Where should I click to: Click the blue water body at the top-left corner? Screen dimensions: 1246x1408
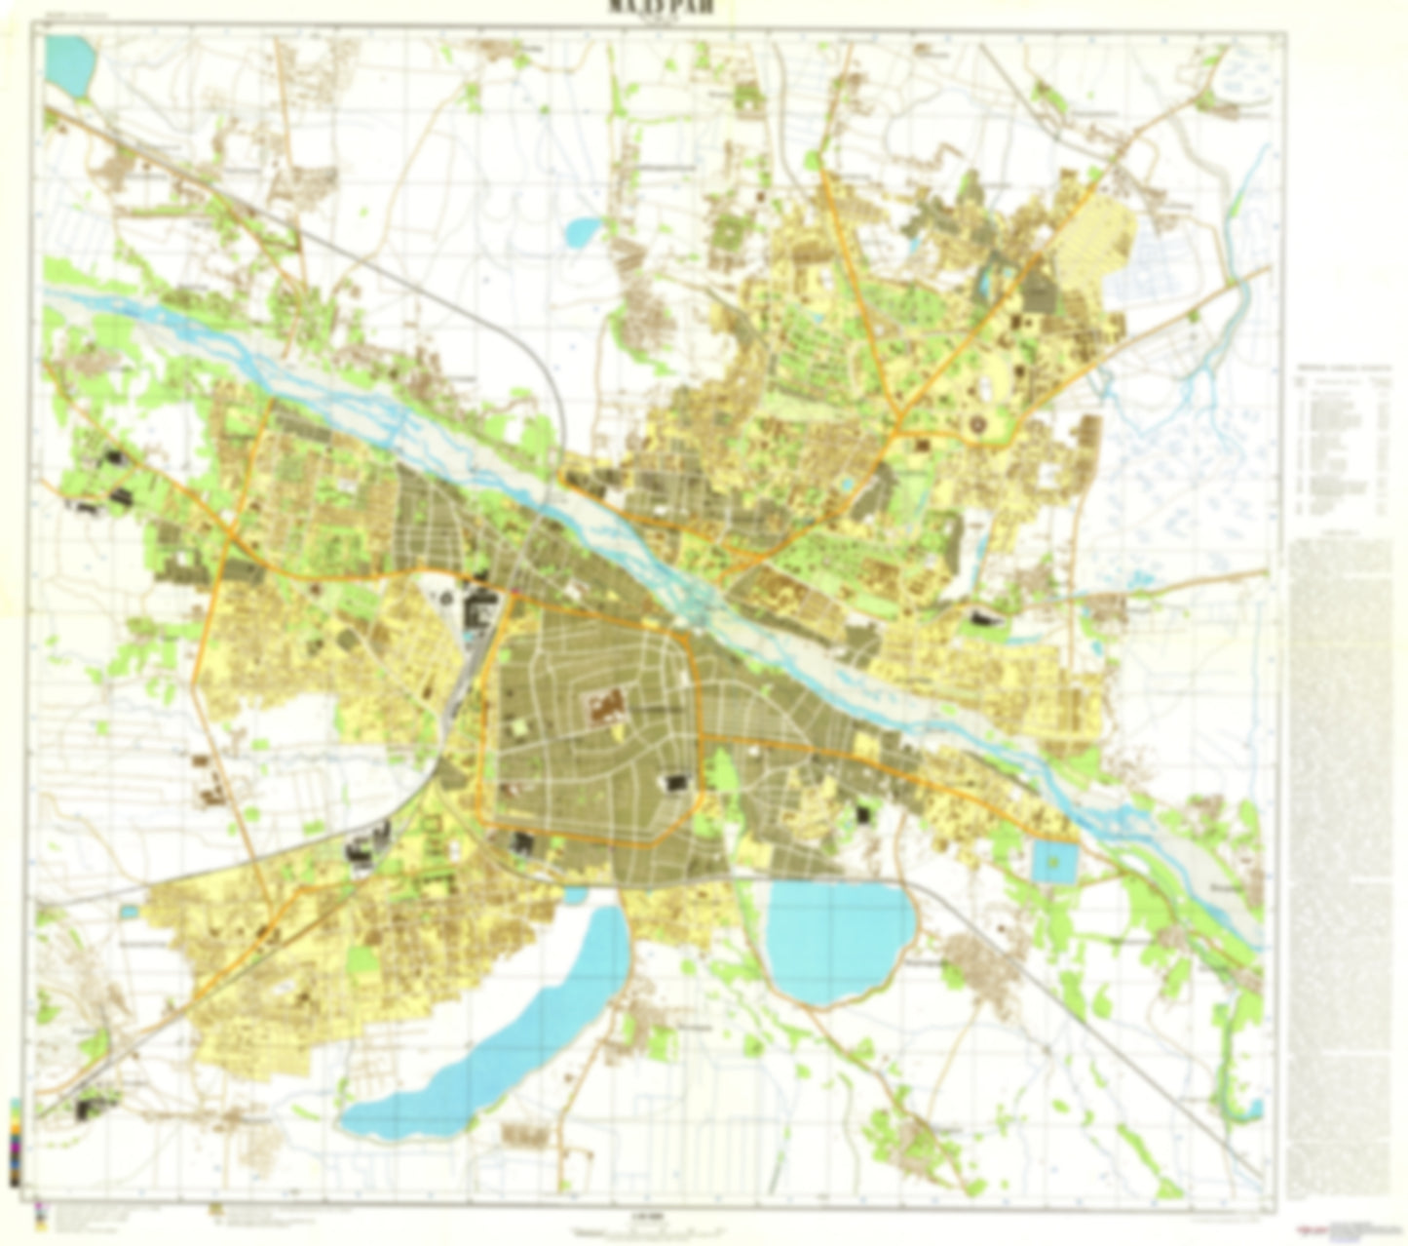70,64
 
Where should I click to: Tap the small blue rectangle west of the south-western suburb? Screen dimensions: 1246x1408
130,912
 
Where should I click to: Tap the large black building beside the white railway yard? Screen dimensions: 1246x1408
480,610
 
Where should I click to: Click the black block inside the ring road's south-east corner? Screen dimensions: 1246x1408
676,782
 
